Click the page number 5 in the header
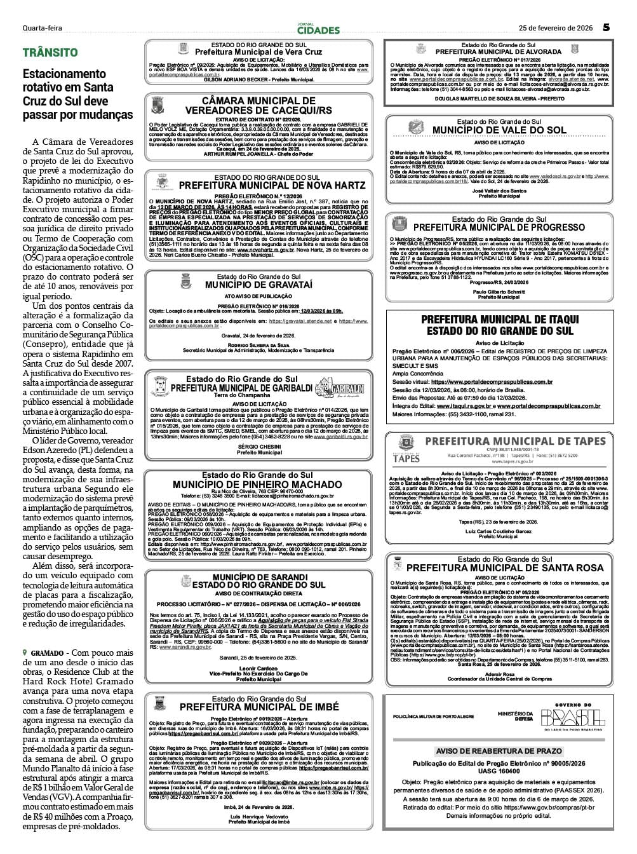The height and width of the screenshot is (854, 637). pos(607,27)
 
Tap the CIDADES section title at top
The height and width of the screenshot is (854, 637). pos(318,29)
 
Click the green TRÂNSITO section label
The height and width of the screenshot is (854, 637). pos(50,53)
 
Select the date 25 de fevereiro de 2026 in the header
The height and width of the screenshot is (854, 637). pos(556,28)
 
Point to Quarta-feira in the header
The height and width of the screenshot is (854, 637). pos(42,28)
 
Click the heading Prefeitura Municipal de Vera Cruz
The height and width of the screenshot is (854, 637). pos(258,52)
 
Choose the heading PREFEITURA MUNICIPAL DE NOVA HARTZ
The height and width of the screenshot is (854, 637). pos(272,186)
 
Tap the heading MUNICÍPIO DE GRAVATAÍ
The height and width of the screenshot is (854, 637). pos(258,285)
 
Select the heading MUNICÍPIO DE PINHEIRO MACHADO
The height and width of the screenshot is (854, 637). pos(257,484)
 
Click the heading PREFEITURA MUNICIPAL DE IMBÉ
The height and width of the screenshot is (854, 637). pos(258,707)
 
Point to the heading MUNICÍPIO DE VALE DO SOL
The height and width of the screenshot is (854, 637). pos(499,130)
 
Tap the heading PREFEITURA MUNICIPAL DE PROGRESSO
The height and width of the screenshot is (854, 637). pos(499,227)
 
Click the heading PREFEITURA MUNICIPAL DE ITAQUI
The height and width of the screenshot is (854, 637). pos(500,319)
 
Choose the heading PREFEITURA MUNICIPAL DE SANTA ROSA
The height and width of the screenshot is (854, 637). pos(505,567)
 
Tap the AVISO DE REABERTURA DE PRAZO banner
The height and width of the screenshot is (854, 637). pos(499,751)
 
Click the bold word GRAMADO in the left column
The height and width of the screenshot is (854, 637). pos(46,653)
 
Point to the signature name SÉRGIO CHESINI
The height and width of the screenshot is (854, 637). pos(258,447)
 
